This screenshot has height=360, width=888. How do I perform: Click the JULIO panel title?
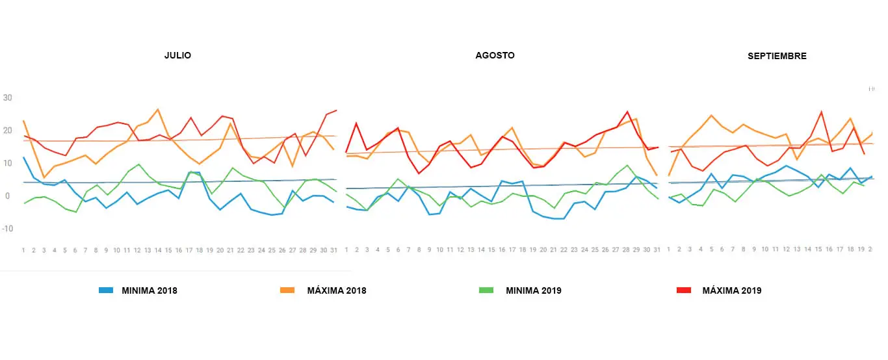coord(177,56)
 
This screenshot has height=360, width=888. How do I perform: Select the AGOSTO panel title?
coord(495,55)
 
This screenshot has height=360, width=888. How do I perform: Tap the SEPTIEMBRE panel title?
coord(777,56)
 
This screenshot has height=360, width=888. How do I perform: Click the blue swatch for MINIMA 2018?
coord(106,290)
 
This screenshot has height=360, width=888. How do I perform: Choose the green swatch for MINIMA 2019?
coord(486,290)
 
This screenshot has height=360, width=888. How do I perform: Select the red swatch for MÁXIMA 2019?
coord(683,290)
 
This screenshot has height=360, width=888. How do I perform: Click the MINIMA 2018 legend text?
coord(149,290)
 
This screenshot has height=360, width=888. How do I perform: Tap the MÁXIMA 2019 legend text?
coord(731,290)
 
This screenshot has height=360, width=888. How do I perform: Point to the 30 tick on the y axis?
coord(8,98)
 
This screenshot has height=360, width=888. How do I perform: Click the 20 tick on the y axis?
coord(8,131)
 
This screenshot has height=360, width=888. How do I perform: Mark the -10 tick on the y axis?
coord(7,229)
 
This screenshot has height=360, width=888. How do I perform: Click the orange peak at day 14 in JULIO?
coord(158,109)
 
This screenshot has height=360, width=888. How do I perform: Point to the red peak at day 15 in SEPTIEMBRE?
coord(822,112)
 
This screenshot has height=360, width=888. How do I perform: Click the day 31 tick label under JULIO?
coord(334,250)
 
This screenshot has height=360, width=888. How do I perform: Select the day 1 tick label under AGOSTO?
coord(346,250)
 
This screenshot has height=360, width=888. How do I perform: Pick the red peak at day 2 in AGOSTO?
coord(356,123)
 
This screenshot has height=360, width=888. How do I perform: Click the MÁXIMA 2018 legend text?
coord(336,290)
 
